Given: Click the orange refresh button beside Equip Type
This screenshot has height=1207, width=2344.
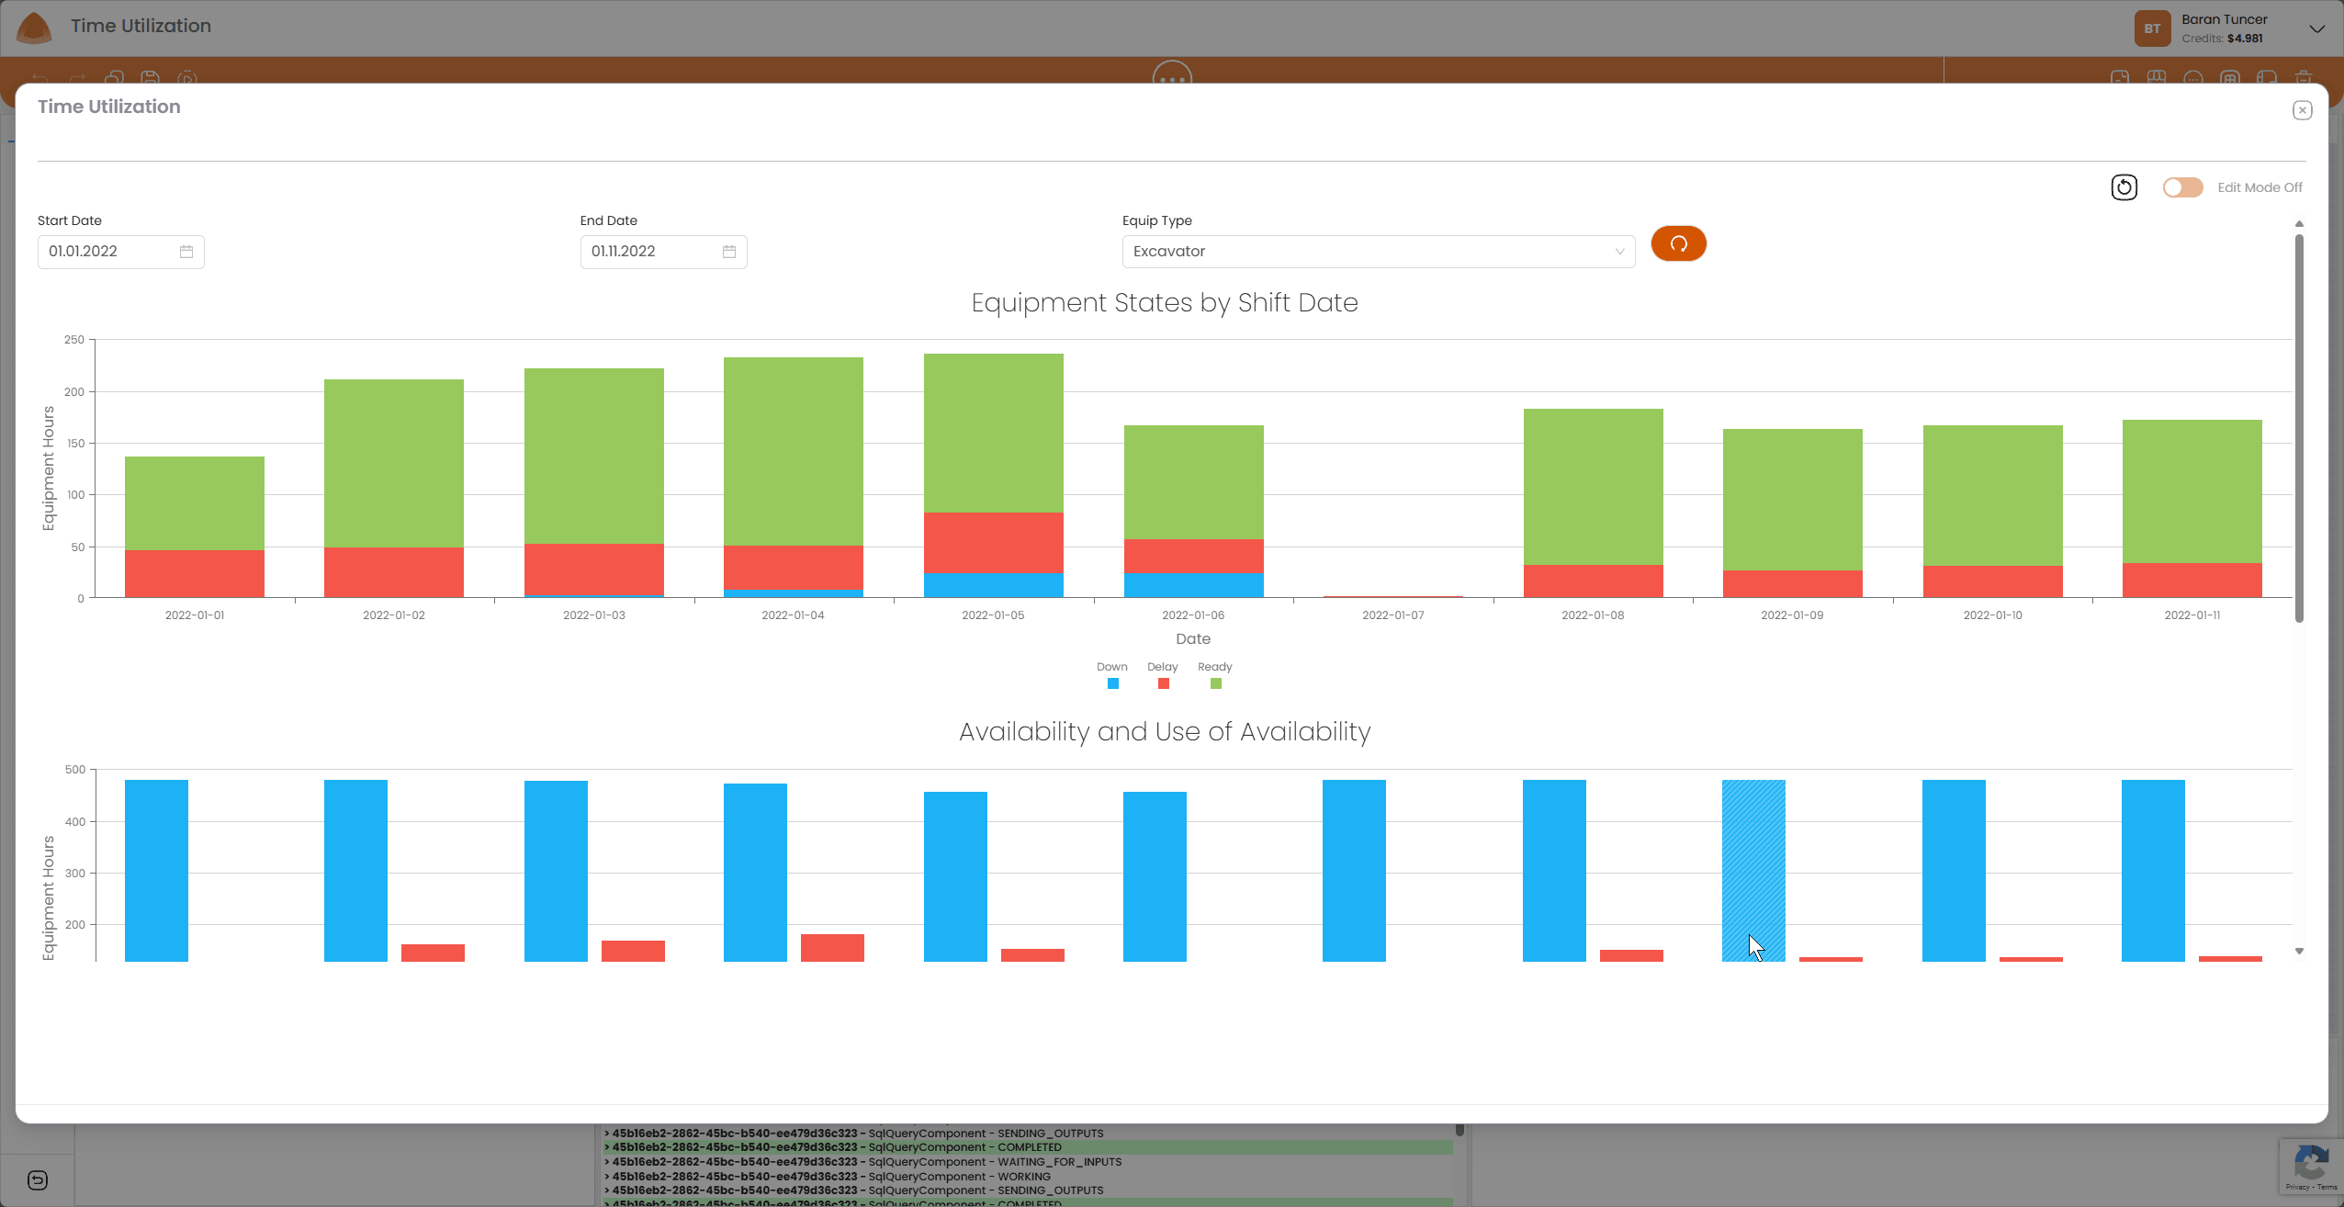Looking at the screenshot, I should (x=1678, y=243).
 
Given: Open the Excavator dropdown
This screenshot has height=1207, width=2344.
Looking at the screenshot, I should (x=1378, y=252).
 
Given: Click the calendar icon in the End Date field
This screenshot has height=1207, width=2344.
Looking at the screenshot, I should (x=729, y=252).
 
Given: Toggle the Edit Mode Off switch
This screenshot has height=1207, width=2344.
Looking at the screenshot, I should (x=2182, y=187).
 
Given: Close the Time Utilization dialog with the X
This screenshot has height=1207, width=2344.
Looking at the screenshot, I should (x=2302, y=110).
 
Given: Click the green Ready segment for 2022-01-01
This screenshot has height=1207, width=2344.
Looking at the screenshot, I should (x=195, y=502).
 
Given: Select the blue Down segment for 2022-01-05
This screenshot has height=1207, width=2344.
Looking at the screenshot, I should (x=993, y=585).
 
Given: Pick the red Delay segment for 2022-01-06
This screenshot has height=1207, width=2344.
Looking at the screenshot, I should (x=1193, y=556).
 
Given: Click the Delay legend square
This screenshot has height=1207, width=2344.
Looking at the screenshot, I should (x=1163, y=683).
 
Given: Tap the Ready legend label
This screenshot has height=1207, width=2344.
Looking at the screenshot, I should (x=1214, y=667).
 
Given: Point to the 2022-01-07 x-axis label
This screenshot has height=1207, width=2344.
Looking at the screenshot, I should (x=1392, y=615).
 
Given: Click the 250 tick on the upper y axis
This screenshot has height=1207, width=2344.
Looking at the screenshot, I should (x=73, y=340).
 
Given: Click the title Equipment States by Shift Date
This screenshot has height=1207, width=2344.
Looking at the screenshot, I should (x=1164, y=303).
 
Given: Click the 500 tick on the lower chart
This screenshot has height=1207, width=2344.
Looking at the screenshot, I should (x=74, y=770).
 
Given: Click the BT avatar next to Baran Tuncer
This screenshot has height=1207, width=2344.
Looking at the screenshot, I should (x=2152, y=28).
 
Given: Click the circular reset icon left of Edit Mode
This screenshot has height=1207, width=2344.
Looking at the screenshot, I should (x=2124, y=187).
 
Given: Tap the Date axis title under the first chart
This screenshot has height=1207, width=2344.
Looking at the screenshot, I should (x=1192, y=639).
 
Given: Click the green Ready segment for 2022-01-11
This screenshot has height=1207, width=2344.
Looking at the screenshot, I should (x=2192, y=491).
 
